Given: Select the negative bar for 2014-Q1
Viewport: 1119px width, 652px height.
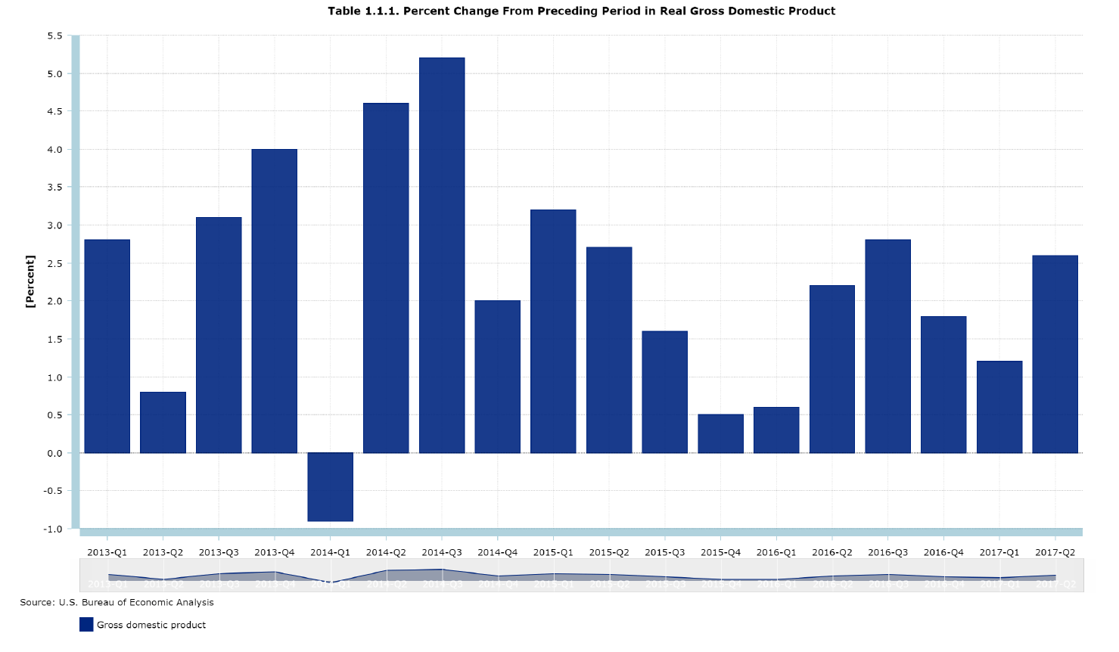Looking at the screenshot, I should point(330,487).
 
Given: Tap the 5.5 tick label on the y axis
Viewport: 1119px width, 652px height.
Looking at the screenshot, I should point(54,36).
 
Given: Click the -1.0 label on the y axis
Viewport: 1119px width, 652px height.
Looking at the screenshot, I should point(53,529).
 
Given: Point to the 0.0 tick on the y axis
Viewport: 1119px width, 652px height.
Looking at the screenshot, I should point(54,453).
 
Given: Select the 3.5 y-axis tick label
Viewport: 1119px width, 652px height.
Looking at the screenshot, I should point(54,187).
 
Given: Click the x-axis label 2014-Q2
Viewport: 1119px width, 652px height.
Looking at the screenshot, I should point(386,553).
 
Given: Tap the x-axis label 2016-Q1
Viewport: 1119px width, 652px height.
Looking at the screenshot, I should point(776,553).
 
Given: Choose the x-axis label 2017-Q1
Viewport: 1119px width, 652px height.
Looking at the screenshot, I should point(999,553).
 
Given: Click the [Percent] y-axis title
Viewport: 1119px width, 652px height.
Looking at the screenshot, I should point(30,281).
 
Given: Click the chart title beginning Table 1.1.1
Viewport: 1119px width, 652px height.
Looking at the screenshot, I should point(581,11).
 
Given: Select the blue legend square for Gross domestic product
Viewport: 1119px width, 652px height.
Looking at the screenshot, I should point(86,625).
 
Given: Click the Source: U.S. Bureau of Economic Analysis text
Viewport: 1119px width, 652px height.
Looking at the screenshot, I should point(117,603).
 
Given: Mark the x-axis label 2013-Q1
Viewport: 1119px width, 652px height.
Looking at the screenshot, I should point(107,553).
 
